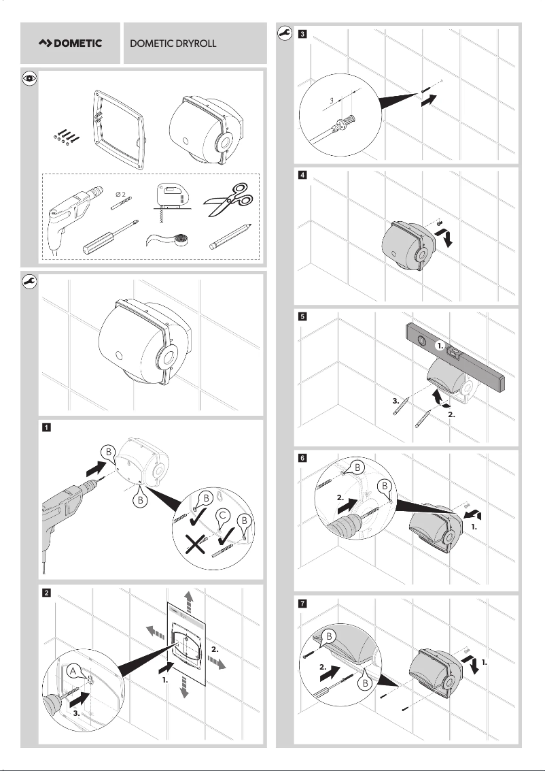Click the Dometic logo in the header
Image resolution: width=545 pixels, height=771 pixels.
click(70, 44)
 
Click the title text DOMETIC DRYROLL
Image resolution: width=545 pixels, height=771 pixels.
click(173, 44)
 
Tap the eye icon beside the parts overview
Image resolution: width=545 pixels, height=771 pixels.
click(29, 79)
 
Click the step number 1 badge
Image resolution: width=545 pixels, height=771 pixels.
click(46, 428)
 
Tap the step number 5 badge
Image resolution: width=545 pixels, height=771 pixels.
click(302, 316)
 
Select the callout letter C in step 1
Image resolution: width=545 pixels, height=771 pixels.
click(220, 516)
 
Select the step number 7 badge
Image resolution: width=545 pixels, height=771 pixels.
click(302, 603)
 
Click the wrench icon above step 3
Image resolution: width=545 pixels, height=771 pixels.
click(285, 32)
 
